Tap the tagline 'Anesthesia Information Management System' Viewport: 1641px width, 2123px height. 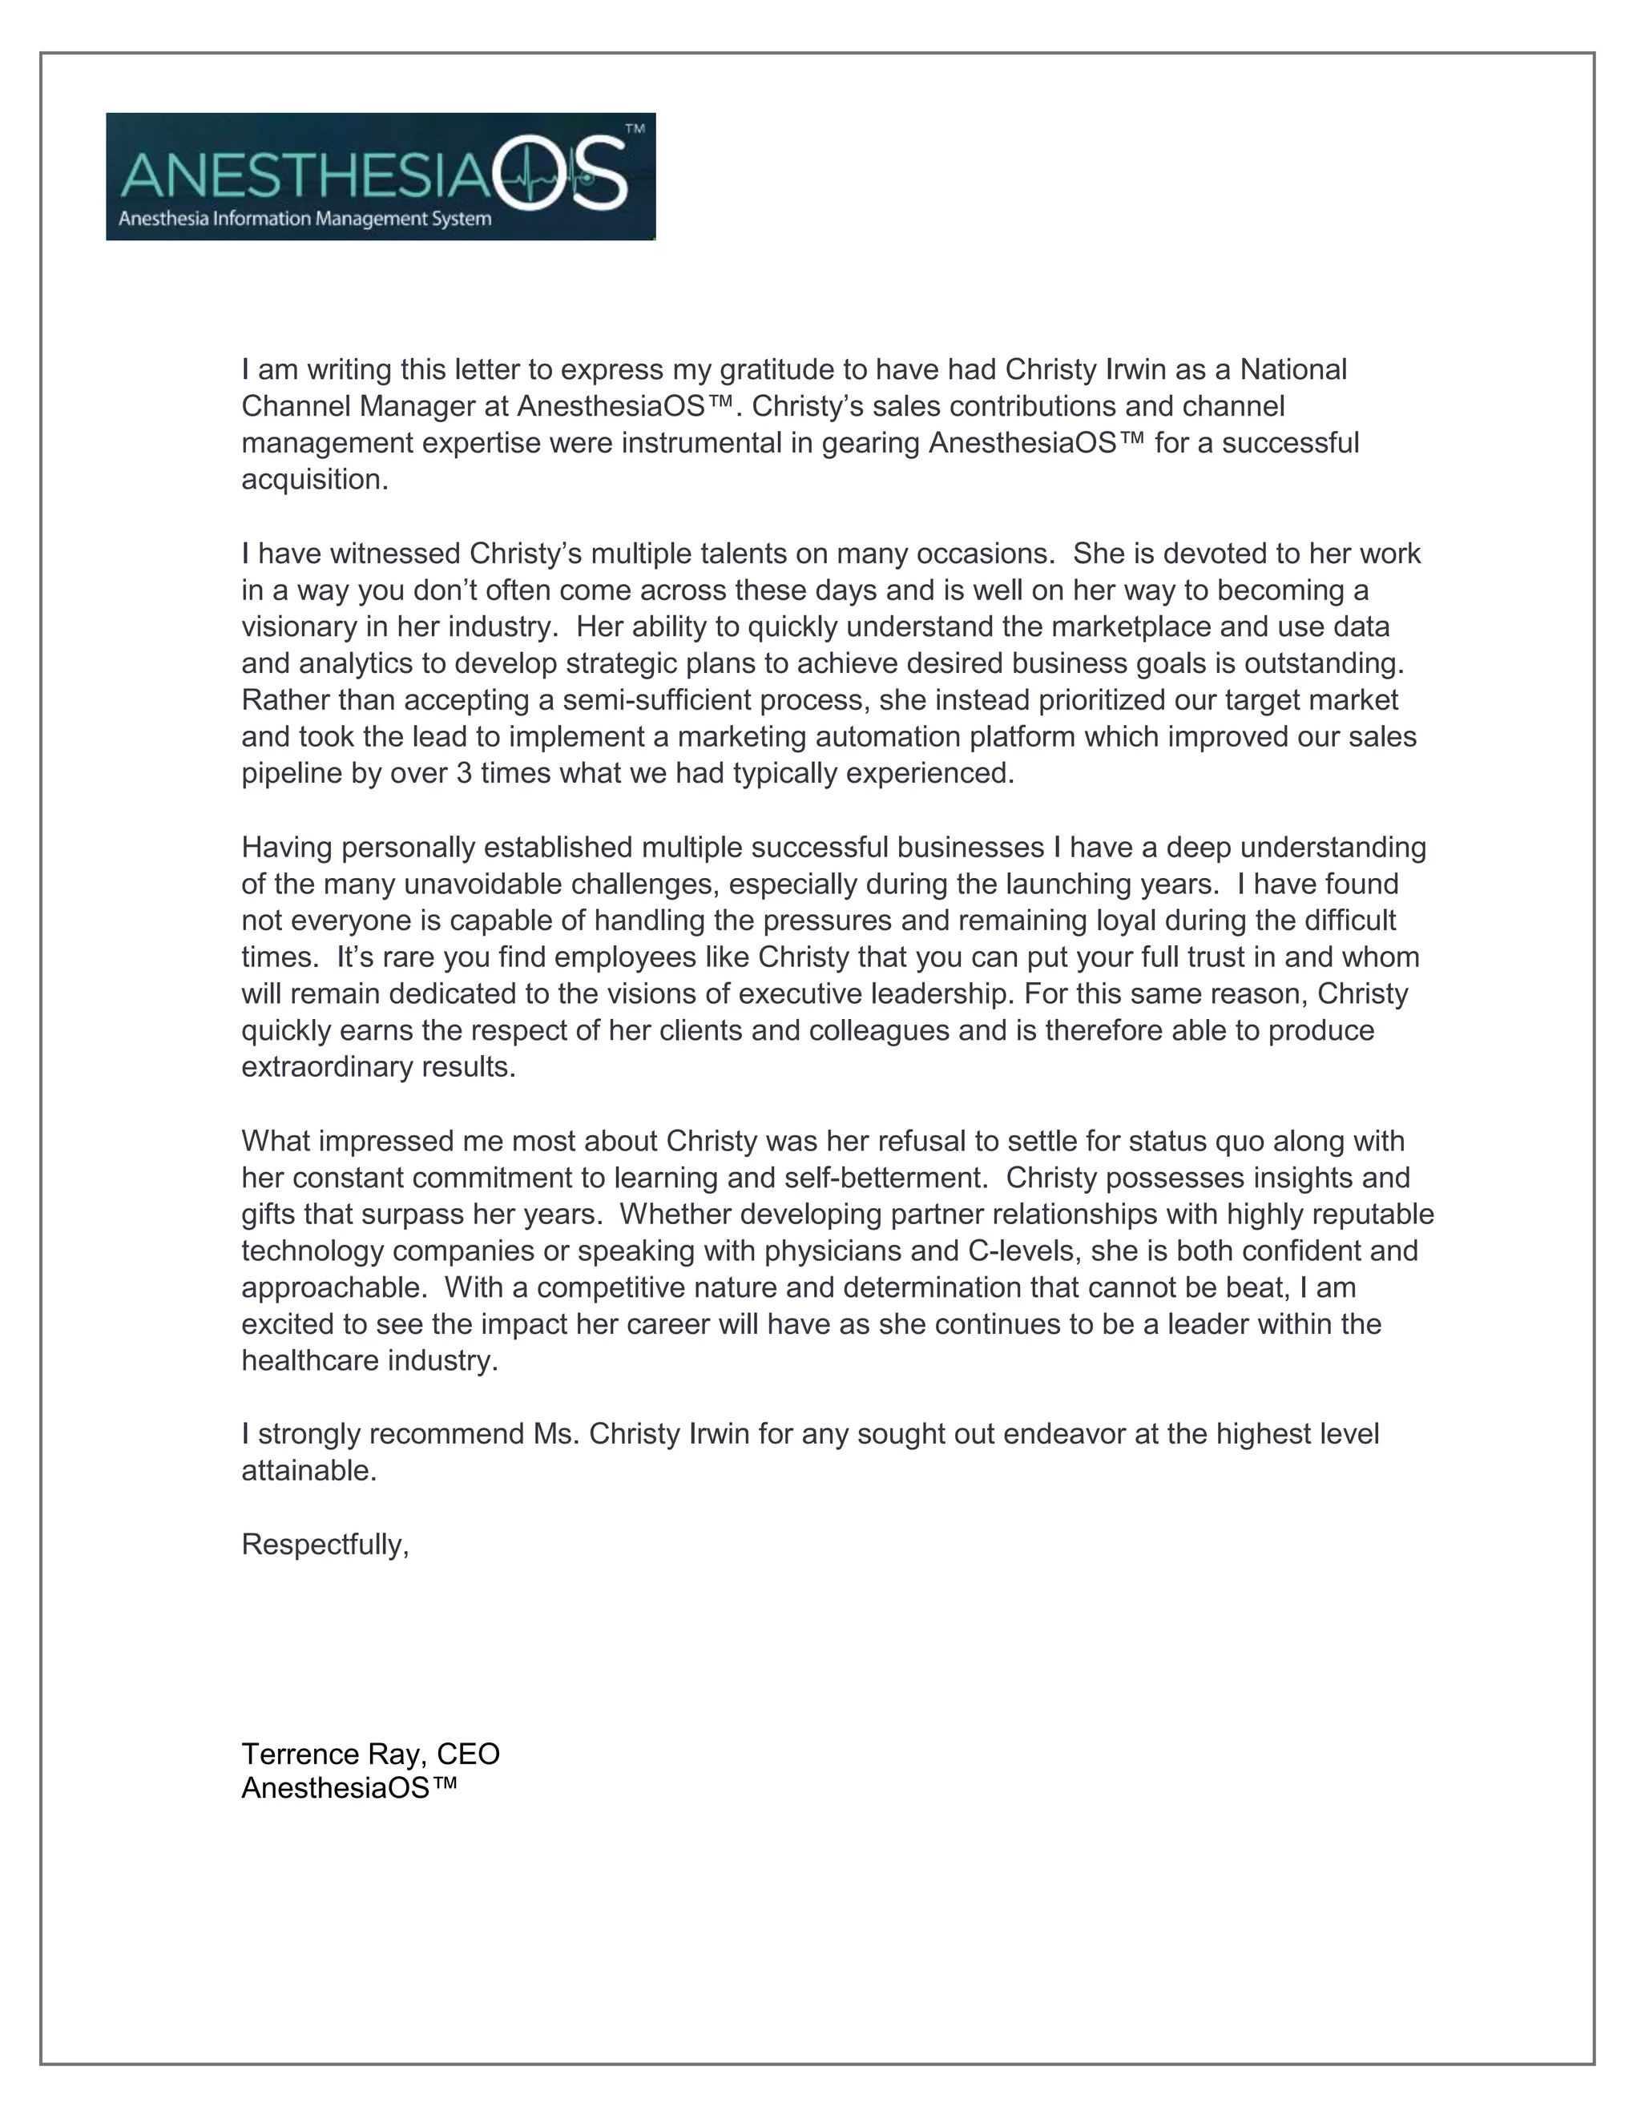304,219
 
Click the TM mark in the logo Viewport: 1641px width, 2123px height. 634,128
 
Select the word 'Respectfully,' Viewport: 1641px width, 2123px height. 325,1545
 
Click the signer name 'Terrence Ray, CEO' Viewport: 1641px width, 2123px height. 370,1754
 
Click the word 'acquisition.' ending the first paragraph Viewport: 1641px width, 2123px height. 314,480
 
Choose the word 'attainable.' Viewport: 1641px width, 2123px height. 308,1471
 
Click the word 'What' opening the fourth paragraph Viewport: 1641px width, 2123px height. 275,1141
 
